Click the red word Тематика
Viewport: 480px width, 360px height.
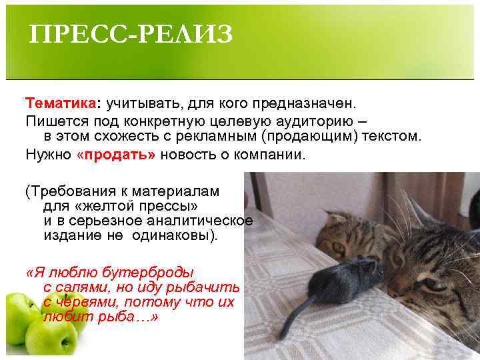click(61, 104)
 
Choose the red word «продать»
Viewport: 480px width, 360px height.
click(116, 155)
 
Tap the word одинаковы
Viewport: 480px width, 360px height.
click(180, 236)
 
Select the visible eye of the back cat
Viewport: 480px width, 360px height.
click(338, 249)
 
